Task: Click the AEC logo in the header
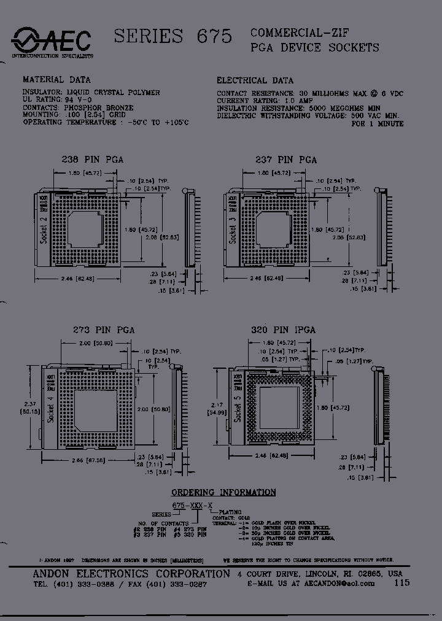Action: (52, 42)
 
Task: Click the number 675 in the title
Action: (214, 37)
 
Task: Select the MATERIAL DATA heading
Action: (56, 80)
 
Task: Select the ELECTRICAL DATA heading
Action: (255, 80)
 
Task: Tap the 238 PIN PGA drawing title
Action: (93, 160)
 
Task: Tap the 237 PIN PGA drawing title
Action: (286, 160)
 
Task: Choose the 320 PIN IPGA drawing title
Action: (283, 330)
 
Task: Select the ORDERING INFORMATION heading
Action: (223, 492)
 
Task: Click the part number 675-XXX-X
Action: (193, 504)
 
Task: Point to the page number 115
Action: (402, 583)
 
